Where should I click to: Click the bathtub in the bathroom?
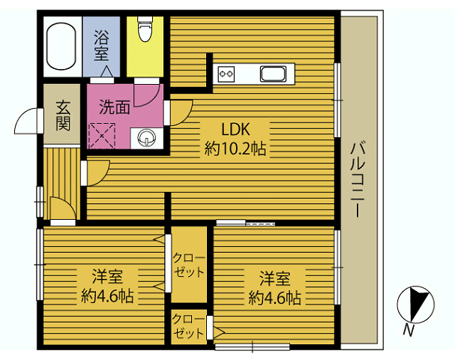(61, 46)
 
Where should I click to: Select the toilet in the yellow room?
(145, 28)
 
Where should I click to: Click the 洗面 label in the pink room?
(115, 107)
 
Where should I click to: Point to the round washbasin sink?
(146, 137)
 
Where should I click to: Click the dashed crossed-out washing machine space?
(102, 136)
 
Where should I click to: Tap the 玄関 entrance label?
(63, 115)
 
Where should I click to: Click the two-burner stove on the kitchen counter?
(226, 74)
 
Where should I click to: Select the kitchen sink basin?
(273, 73)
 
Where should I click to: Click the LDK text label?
(235, 129)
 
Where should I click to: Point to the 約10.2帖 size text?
(235, 148)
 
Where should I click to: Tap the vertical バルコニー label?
(358, 179)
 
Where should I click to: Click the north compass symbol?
(415, 304)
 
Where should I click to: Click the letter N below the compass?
(409, 331)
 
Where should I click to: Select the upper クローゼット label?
(189, 265)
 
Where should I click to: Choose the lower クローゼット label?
(187, 326)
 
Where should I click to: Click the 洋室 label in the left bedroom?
(107, 277)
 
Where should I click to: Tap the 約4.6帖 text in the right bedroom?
(274, 297)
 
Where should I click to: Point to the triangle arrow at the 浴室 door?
(106, 71)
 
